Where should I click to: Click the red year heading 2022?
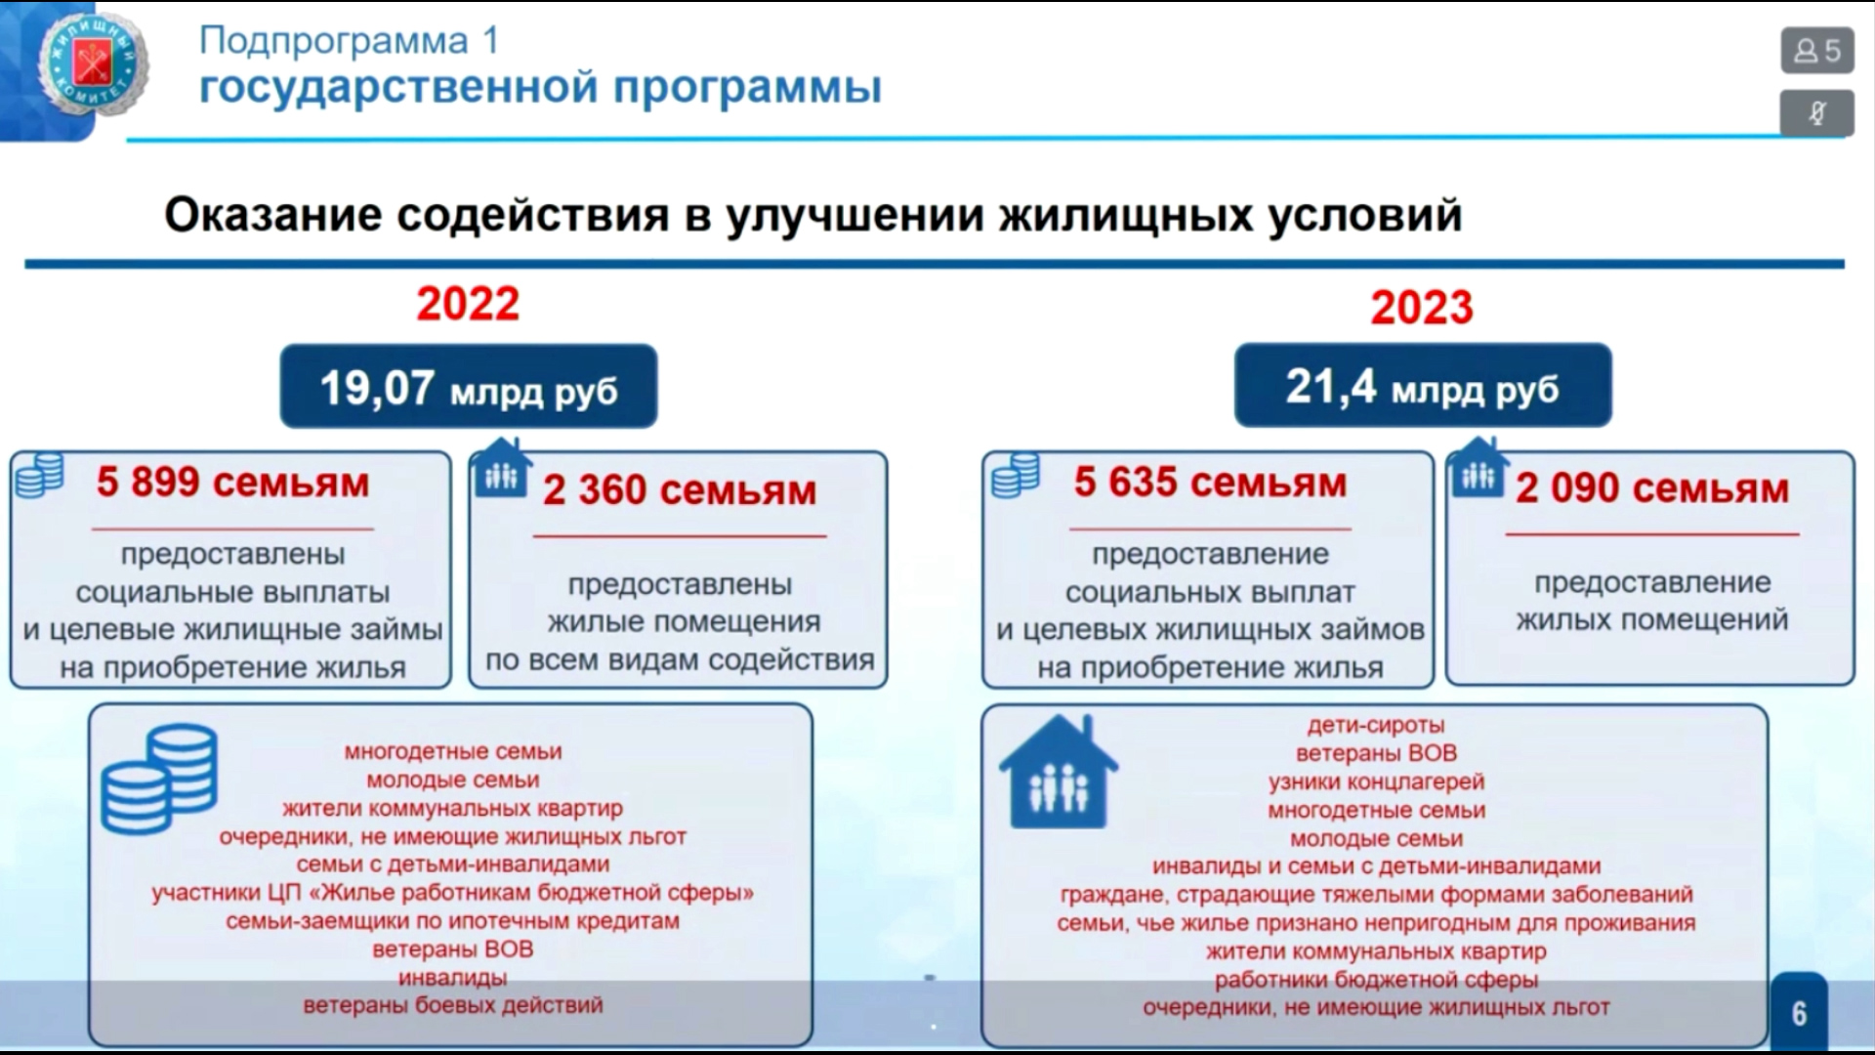[468, 304]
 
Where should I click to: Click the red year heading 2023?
[1421, 308]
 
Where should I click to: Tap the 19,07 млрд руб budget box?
[469, 386]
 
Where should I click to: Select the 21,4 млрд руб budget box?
[1423, 385]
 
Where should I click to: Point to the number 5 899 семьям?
[232, 483]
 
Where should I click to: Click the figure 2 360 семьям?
[680, 490]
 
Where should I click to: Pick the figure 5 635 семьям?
[1210, 483]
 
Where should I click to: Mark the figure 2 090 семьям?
[1652, 488]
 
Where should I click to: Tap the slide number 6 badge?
[1799, 1013]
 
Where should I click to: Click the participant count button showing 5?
[1816, 51]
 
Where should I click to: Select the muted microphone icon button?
[1816, 113]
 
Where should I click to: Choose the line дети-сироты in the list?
[1376, 726]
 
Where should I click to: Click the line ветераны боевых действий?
[453, 1005]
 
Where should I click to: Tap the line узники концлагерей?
[1376, 782]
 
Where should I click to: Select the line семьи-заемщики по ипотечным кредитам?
[453, 921]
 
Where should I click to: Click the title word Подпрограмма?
[334, 41]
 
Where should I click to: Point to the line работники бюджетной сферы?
[1376, 980]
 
